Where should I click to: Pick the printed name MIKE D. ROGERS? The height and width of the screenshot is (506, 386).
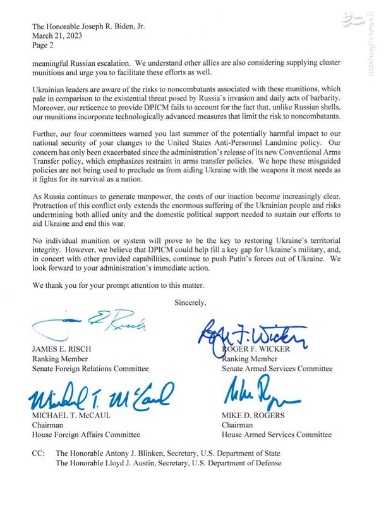pyautogui.click(x=252, y=416)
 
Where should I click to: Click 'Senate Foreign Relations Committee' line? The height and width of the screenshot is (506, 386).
pyautogui.click(x=90, y=368)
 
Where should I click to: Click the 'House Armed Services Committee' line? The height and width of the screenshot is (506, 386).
pyautogui.click(x=276, y=435)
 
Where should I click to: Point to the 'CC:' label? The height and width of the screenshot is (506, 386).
pyautogui.click(x=39, y=454)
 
